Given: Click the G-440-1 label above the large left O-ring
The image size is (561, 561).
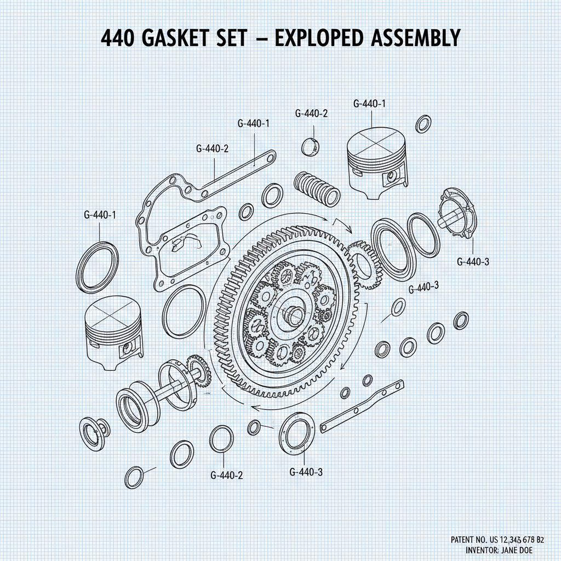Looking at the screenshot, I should [x=100, y=215].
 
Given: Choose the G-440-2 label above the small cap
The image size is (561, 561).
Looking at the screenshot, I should [x=311, y=114].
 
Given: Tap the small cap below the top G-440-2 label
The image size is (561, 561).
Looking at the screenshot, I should [x=311, y=147].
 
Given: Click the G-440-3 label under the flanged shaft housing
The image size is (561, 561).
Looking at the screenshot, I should [x=473, y=262].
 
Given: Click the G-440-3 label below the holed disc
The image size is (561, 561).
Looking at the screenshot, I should [x=306, y=472].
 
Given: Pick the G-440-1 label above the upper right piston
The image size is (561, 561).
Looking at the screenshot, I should [x=370, y=104].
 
